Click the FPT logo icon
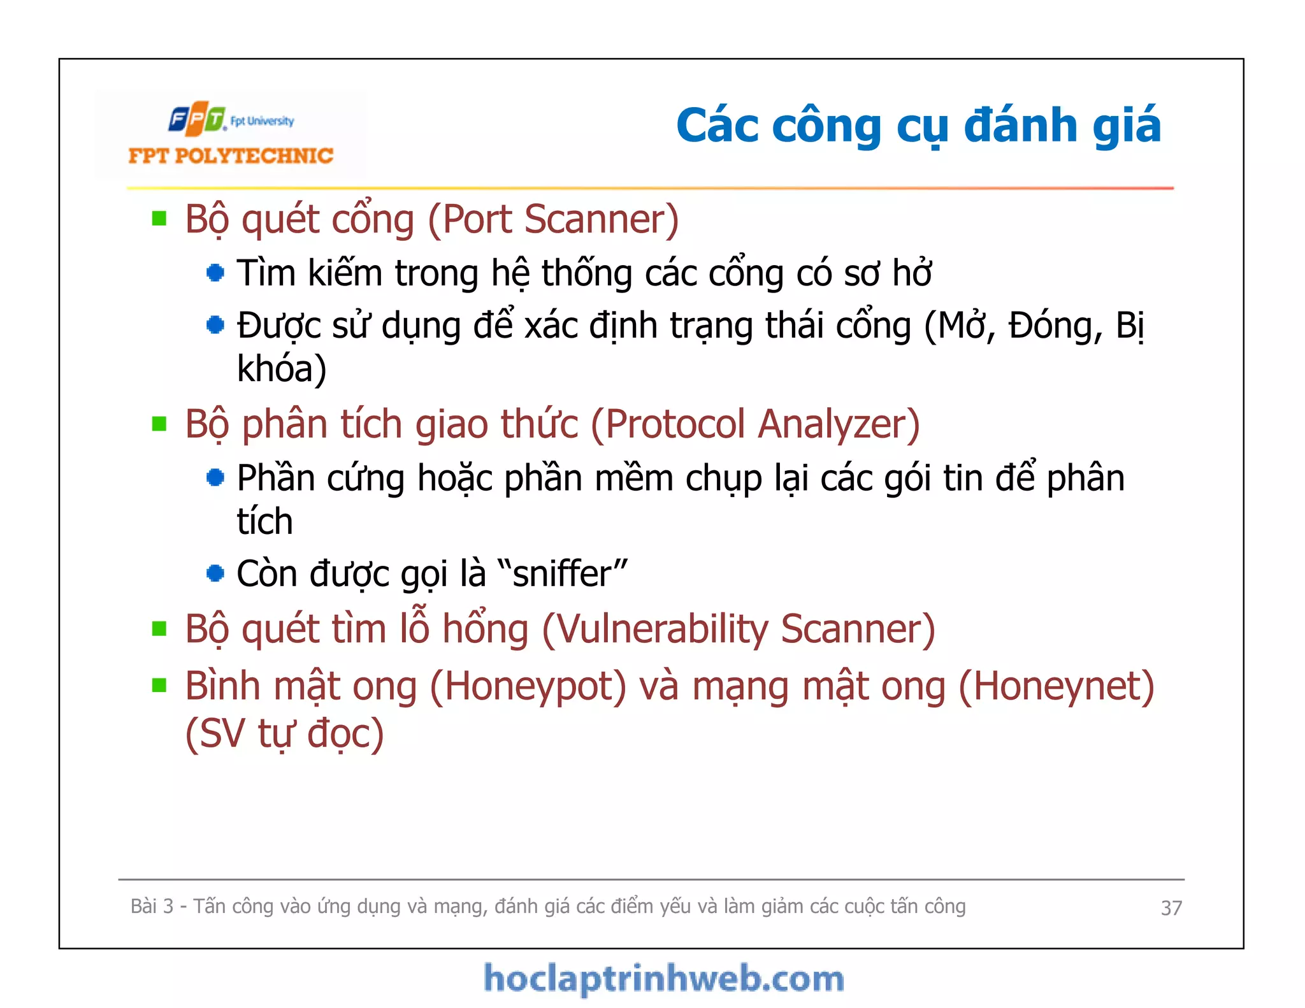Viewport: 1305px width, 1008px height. pyautogui.click(x=197, y=119)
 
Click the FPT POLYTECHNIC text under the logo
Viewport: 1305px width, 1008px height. pyautogui.click(x=231, y=156)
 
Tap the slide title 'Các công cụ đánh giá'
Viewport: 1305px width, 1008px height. pyautogui.click(x=918, y=126)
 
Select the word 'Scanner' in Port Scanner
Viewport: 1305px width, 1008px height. pyautogui.click(x=602, y=220)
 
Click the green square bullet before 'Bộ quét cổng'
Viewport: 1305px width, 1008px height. pyautogui.click(x=159, y=219)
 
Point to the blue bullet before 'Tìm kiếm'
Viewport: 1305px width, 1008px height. pyautogui.click(x=215, y=273)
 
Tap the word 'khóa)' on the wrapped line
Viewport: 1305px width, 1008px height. pyautogui.click(x=282, y=369)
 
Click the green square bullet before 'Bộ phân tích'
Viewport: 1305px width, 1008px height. pyautogui.click(x=159, y=424)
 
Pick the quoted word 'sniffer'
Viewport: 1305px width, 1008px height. pyautogui.click(x=561, y=573)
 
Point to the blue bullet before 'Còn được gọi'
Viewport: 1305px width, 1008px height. pyautogui.click(x=215, y=573)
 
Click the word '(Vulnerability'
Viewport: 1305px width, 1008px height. pyautogui.click(x=655, y=630)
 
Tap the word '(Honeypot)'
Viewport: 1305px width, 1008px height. pyautogui.click(x=528, y=687)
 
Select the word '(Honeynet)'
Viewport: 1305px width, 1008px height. pyautogui.click(x=1056, y=687)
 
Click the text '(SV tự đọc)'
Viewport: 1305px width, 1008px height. pyautogui.click(x=284, y=733)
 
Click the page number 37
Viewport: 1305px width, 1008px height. pyautogui.click(x=1171, y=907)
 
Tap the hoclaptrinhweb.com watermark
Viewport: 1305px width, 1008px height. pyautogui.click(x=663, y=979)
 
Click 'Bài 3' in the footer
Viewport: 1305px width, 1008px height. pyautogui.click(x=152, y=906)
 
